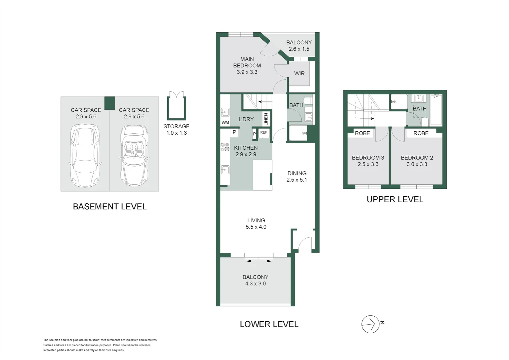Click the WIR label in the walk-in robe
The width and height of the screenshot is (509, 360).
coord(299,73)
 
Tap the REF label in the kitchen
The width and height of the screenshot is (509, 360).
coord(263,132)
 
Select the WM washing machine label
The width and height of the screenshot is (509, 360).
coord(225,123)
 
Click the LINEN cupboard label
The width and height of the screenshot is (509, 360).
coord(266,119)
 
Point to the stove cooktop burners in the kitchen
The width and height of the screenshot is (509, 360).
coord(225,147)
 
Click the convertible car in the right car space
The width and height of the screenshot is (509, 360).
coord(134,155)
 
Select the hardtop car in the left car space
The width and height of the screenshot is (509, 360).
coord(85,155)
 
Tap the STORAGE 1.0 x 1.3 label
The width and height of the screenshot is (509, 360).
coord(176,130)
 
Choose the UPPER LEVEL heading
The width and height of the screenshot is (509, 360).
coord(395,199)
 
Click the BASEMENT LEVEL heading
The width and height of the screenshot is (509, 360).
coord(110,206)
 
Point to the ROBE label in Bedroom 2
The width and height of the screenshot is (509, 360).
coord(421,133)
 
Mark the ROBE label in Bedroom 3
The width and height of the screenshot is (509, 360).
coord(362,133)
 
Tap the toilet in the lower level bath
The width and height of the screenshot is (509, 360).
coord(308,101)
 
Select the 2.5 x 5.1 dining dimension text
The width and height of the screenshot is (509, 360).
coord(297,180)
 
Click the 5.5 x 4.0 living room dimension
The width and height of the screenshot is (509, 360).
coord(256,227)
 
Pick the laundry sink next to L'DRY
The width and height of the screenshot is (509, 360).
coord(225,112)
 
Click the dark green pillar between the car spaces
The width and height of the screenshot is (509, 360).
coord(110,103)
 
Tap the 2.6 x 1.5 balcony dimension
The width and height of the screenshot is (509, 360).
coord(299,49)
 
